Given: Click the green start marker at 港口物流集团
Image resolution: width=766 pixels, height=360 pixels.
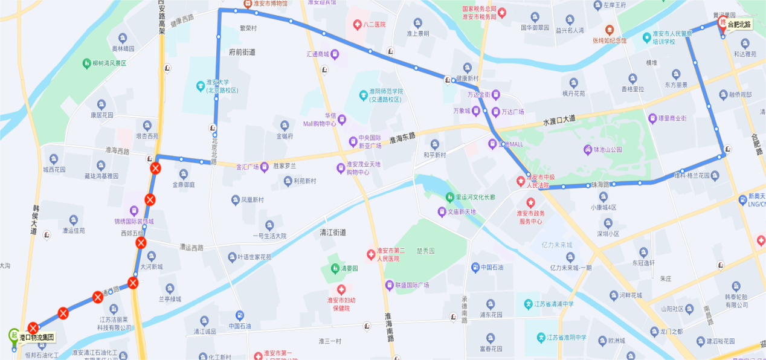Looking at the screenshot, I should tap(13, 335).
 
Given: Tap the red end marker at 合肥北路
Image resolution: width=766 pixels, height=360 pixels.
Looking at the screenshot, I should tap(722, 24).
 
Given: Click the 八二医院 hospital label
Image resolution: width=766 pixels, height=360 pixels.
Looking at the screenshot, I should tap(374, 25).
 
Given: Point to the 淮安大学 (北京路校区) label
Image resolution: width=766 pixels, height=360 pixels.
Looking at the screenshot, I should tap(222, 87).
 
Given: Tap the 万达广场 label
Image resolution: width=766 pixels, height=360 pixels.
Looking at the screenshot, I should tap(512, 112).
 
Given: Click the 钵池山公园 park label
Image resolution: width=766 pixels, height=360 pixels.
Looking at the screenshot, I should tap(607, 149).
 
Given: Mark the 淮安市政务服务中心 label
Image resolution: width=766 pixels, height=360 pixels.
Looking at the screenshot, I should tap(530, 216).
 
